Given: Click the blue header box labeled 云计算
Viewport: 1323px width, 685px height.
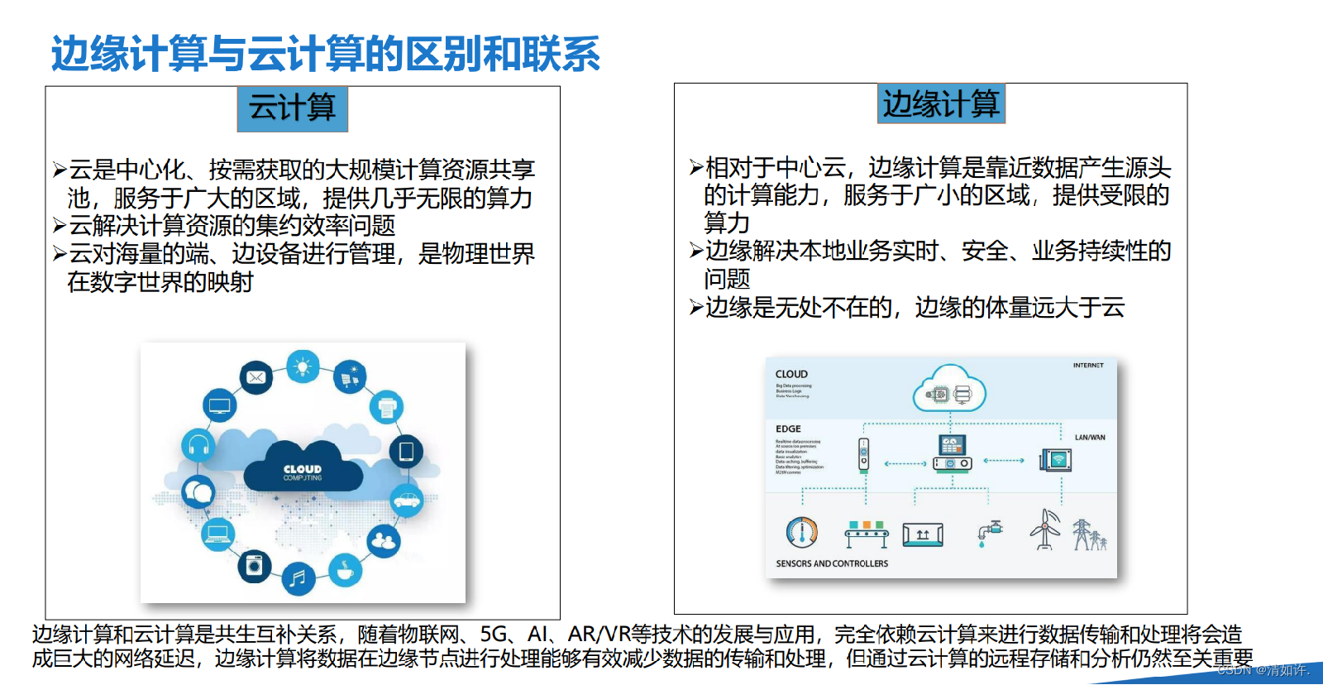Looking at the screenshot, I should [292, 108].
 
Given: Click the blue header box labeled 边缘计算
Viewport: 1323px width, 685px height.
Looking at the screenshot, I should [941, 104].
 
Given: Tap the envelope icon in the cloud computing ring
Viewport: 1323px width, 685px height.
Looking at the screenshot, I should [256, 377].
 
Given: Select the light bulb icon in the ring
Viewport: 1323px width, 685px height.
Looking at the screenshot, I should [303, 366].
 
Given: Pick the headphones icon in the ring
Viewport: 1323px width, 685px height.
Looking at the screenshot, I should [198, 447].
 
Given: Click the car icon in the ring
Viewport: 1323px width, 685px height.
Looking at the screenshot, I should [406, 499].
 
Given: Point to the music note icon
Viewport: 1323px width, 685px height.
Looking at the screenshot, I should [299, 577].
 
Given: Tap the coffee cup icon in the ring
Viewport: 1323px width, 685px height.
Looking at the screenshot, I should [345, 570].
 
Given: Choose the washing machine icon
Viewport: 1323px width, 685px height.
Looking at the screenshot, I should [254, 566].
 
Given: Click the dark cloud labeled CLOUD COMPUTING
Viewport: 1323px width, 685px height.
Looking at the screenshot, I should [303, 470].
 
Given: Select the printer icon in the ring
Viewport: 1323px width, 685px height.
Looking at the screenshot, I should [386, 407].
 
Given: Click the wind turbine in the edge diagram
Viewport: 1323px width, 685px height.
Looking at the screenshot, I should [1046, 529].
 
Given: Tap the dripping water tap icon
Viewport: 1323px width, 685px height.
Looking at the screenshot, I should [989, 532].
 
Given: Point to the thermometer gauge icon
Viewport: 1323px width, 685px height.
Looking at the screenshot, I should [801, 532].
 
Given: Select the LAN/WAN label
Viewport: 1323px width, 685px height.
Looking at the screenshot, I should [1089, 438].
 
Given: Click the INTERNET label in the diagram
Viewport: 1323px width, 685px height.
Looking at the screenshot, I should [1088, 365].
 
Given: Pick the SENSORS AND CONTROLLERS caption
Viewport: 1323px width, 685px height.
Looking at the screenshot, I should [832, 563].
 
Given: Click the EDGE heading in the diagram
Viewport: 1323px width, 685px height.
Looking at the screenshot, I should [788, 429].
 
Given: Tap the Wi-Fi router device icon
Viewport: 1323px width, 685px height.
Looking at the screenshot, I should [1056, 459].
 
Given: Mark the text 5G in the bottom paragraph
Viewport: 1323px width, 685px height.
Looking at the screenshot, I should [494, 635].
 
